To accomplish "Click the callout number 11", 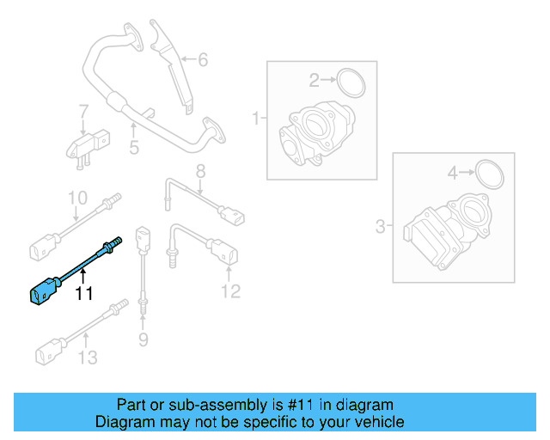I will [82, 294].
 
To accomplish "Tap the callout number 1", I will [255, 117].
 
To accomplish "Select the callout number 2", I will [315, 81].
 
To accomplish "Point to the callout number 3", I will [381, 227].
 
